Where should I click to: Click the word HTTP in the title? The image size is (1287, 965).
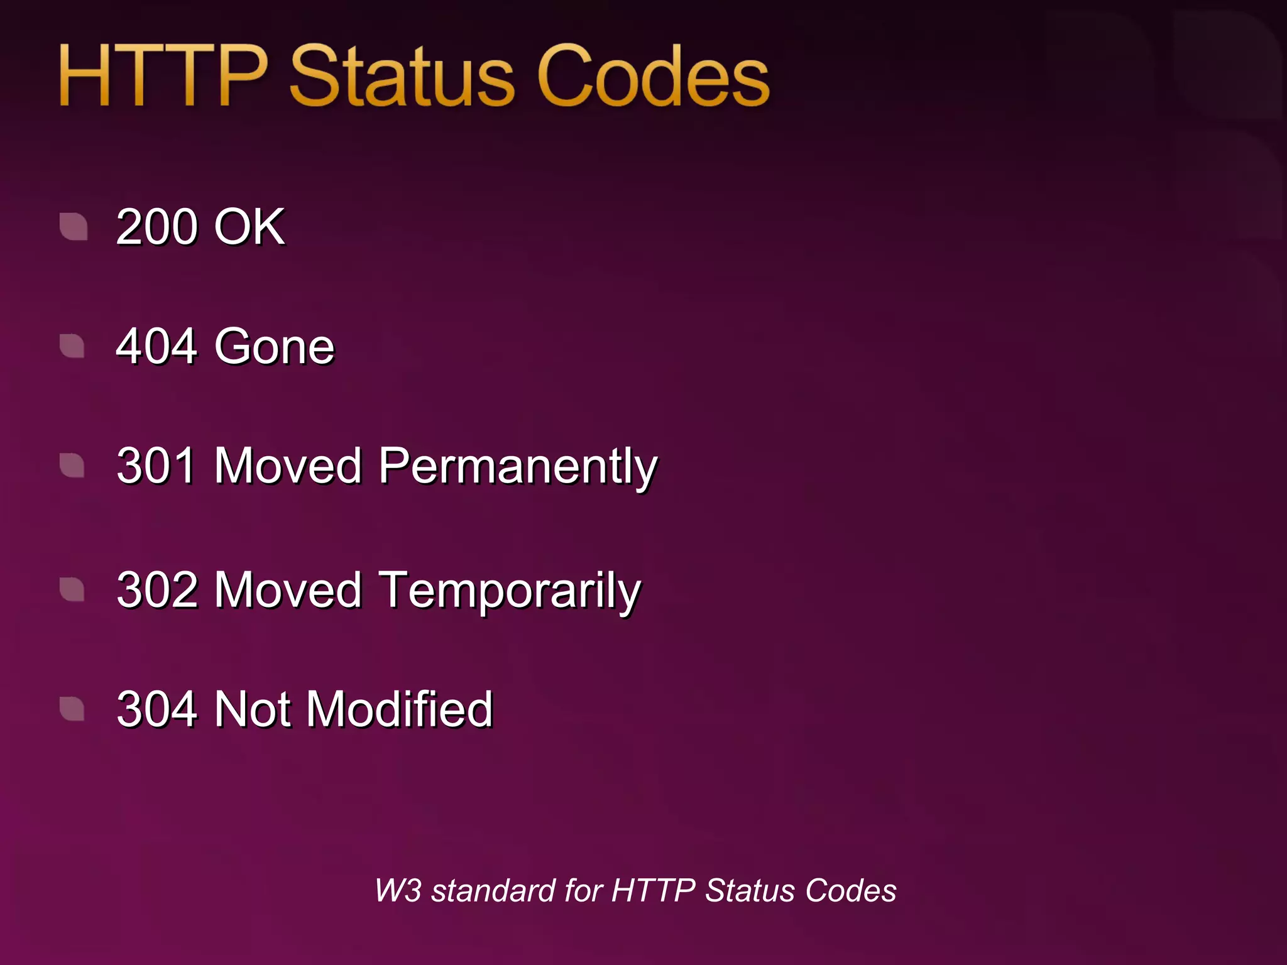point(163,77)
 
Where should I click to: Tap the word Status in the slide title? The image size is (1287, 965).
point(402,77)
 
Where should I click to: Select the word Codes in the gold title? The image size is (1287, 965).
point(654,77)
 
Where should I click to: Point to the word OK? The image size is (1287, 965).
point(249,227)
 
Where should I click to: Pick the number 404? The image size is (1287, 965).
point(157,346)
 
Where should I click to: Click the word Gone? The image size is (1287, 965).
point(275,346)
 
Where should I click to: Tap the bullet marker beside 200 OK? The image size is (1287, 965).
point(74,226)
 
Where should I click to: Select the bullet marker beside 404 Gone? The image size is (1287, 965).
point(72,346)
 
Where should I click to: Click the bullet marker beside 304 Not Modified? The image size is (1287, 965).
point(72,709)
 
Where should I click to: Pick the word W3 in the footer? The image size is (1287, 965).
point(398,890)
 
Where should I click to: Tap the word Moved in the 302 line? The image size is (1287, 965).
point(288,590)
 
